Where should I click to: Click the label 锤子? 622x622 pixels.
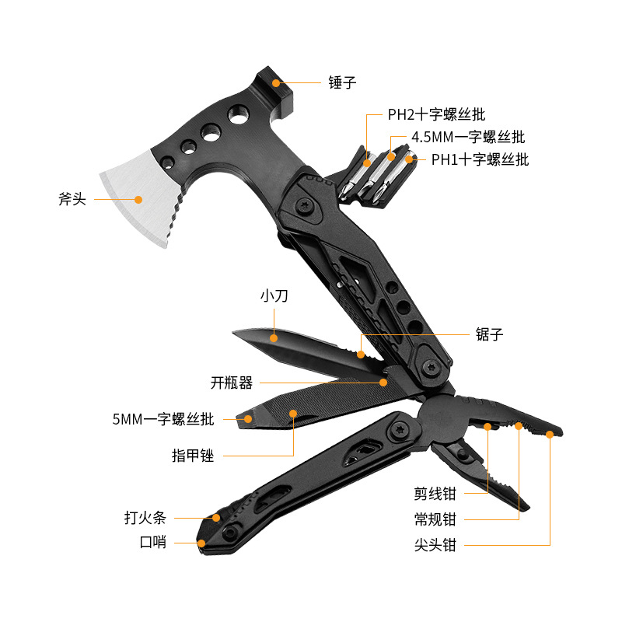click(x=342, y=82)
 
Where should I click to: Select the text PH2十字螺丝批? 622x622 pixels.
click(x=437, y=115)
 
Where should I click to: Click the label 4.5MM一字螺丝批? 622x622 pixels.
click(x=468, y=138)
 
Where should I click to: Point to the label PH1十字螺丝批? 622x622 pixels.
click(x=480, y=160)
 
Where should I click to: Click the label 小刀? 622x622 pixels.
click(x=275, y=295)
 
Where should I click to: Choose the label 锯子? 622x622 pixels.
click(x=490, y=335)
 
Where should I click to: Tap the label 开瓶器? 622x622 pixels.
click(x=232, y=383)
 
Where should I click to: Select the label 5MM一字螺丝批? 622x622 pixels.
click(x=162, y=419)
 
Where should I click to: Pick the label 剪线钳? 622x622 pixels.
click(x=435, y=493)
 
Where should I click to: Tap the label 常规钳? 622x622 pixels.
click(x=435, y=519)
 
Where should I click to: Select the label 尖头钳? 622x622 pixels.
click(x=435, y=545)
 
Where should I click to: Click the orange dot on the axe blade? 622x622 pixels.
click(x=138, y=199)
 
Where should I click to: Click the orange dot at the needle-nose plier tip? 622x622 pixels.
click(x=550, y=435)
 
